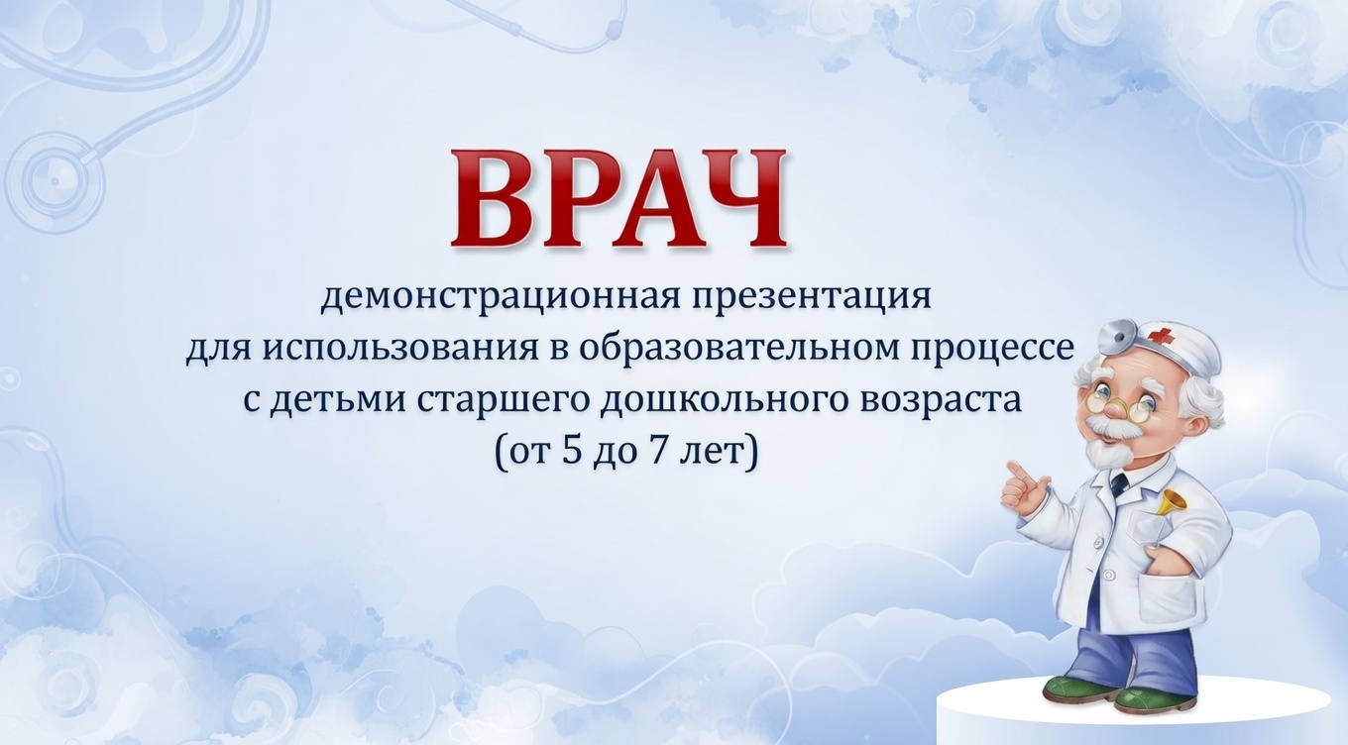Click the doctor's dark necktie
click(1119, 484)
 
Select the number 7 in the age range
click(663, 453)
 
